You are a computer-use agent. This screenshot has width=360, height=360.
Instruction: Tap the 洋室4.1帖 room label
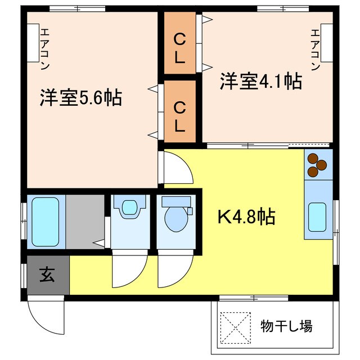(x=260, y=82)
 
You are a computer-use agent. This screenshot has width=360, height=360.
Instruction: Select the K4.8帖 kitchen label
(x=246, y=217)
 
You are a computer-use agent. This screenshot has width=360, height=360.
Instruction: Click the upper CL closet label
(x=179, y=48)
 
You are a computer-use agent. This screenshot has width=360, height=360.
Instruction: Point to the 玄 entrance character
(x=47, y=276)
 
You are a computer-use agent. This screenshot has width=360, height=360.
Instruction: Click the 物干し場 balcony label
(x=286, y=326)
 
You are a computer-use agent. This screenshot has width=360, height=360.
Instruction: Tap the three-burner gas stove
(x=318, y=162)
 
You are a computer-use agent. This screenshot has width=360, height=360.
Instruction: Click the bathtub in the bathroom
(x=46, y=221)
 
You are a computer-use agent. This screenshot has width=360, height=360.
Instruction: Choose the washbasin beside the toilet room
(x=129, y=208)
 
